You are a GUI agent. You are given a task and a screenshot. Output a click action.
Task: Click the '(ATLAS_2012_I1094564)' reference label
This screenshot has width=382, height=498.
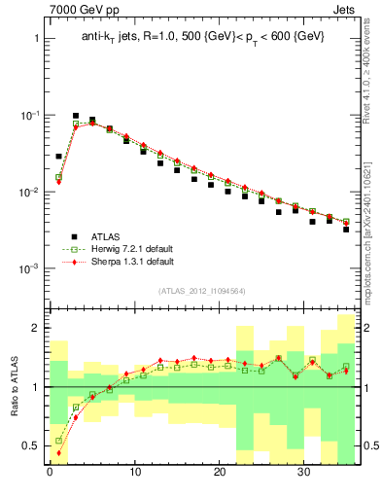tap(201, 290)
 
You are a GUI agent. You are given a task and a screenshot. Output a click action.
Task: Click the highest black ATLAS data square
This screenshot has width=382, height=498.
tap(76, 116)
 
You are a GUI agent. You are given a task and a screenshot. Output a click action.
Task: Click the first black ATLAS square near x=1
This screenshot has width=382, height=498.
tap(58, 156)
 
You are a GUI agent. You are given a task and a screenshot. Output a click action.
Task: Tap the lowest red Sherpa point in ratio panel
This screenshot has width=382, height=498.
tap(58, 452)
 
